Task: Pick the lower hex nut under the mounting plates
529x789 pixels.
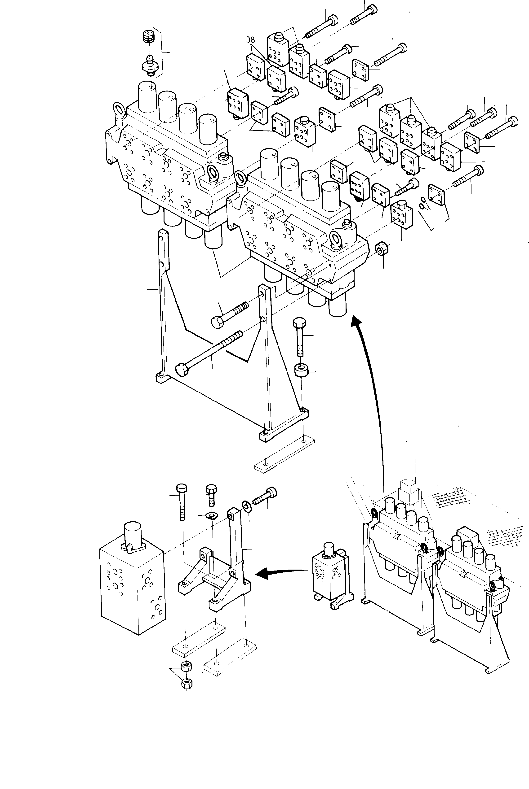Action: [186, 683]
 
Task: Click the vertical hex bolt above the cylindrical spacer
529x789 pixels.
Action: [299, 337]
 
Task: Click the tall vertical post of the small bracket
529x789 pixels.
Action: [236, 539]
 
